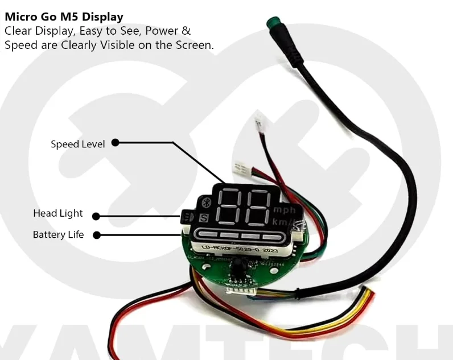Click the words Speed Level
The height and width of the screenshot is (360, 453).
(x=77, y=144)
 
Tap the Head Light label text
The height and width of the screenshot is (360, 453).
(x=57, y=214)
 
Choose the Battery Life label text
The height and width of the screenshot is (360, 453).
(x=58, y=234)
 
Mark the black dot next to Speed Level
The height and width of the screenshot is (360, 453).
(x=115, y=143)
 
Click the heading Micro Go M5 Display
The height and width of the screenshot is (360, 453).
(x=64, y=17)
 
